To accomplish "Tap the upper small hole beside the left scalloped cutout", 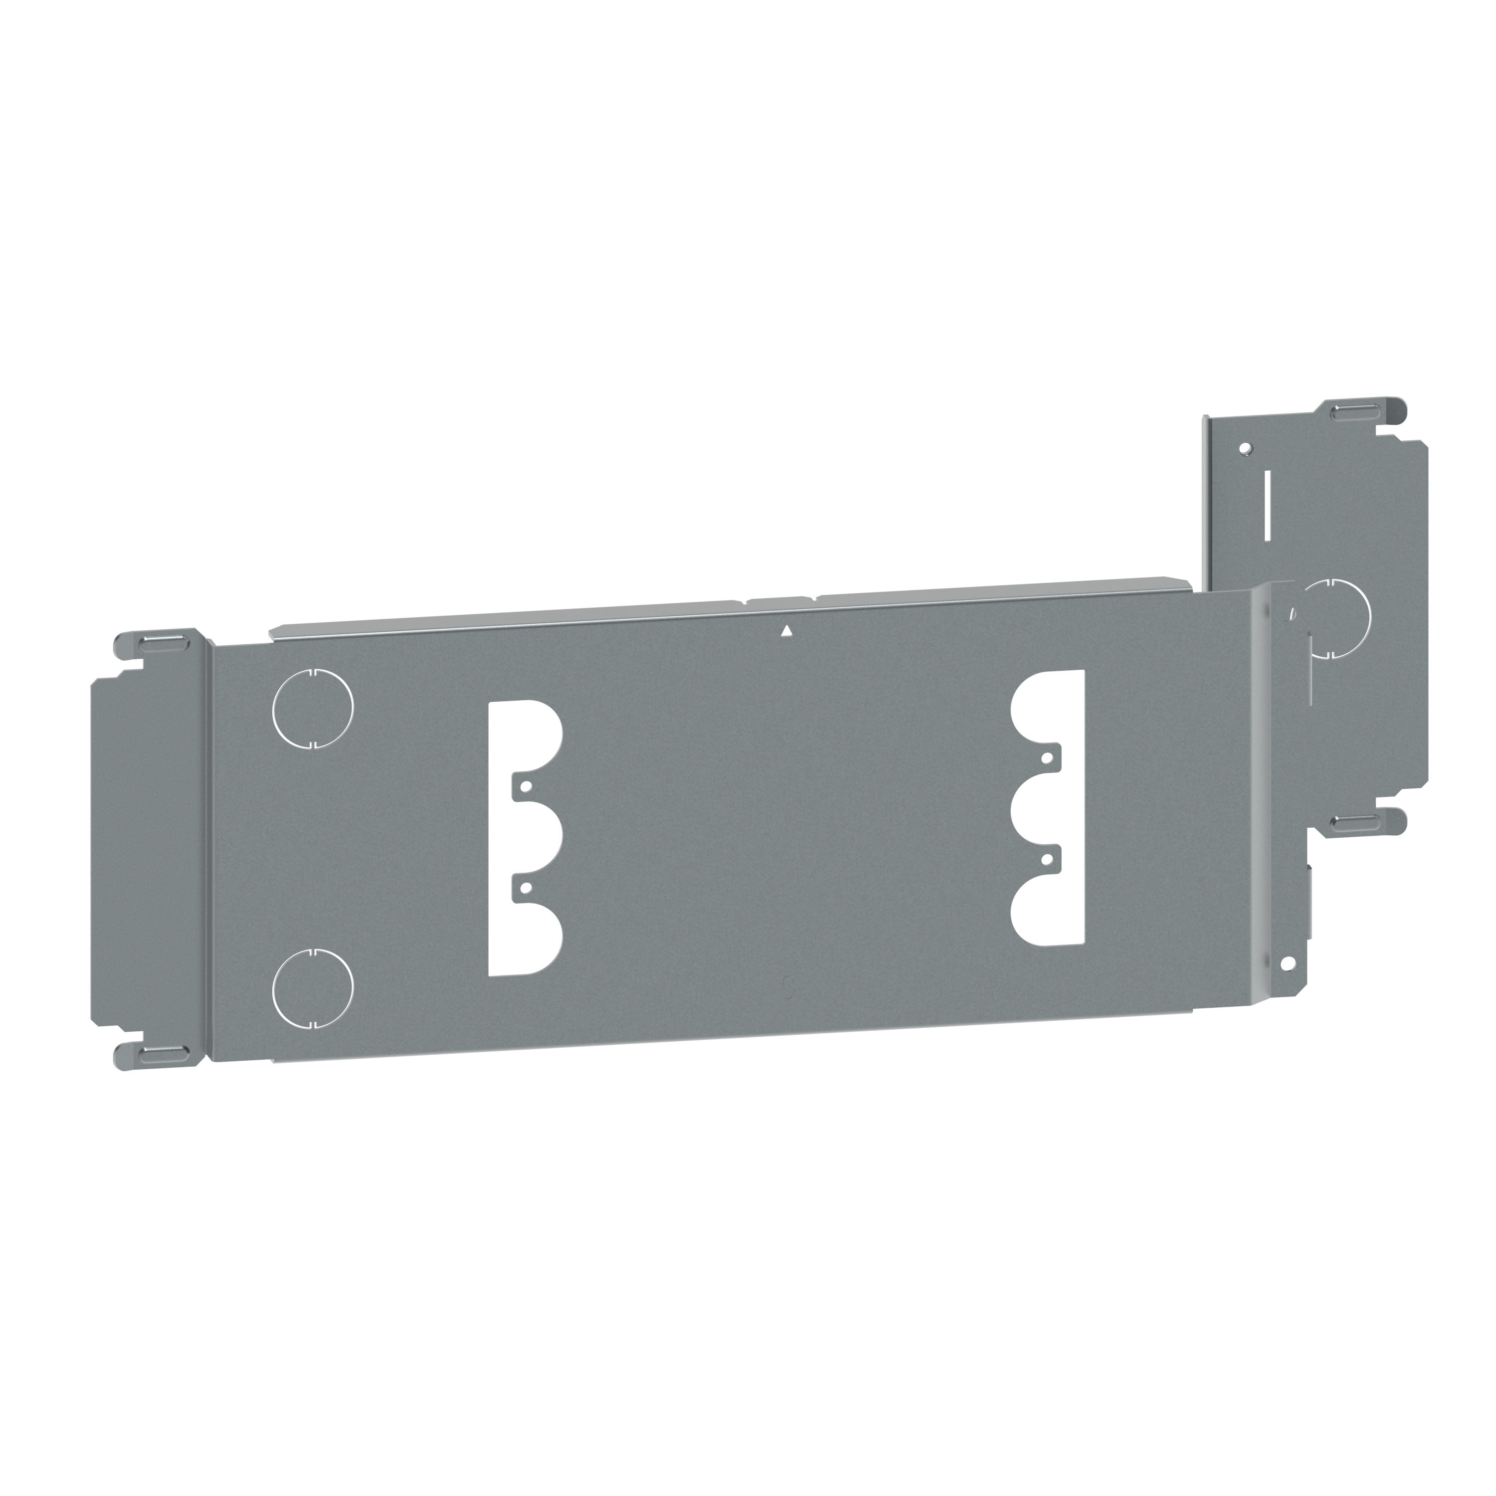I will [525, 785].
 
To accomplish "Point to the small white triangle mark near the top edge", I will [787, 631].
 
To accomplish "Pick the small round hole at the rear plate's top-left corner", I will [1244, 448].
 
